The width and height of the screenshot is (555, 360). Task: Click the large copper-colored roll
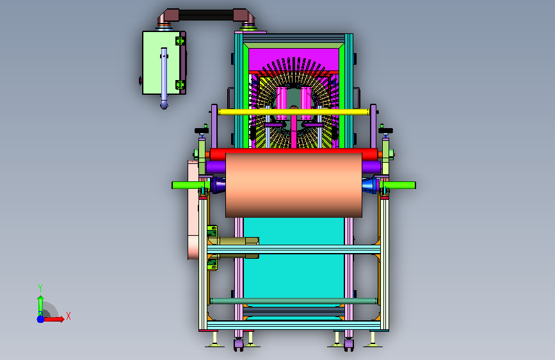click(294, 185)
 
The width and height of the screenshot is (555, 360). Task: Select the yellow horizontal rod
click(294, 112)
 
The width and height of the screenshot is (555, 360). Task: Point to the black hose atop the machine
click(206, 15)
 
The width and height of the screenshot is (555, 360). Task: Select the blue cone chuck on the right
click(370, 185)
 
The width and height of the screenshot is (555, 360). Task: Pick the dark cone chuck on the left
click(218, 185)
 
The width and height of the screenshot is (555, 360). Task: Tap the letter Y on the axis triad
click(40, 288)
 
